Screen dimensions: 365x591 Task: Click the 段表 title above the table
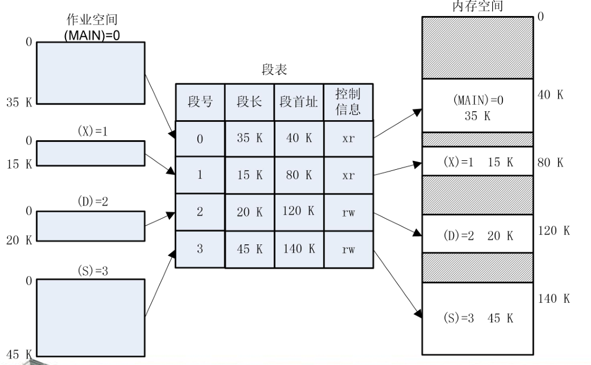click(x=274, y=70)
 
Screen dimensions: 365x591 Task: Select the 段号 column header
click(x=199, y=102)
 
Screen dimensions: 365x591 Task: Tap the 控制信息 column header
click(x=349, y=102)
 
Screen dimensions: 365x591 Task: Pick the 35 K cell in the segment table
click(x=249, y=139)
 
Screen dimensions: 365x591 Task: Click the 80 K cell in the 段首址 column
click(x=299, y=176)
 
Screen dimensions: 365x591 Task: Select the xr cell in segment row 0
click(x=349, y=139)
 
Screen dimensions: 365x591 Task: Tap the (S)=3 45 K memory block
click(x=478, y=318)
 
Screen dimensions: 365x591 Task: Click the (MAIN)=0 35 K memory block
click(x=478, y=105)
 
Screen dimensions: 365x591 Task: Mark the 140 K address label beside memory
click(x=554, y=299)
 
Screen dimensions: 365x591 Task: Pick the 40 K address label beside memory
click(x=554, y=95)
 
